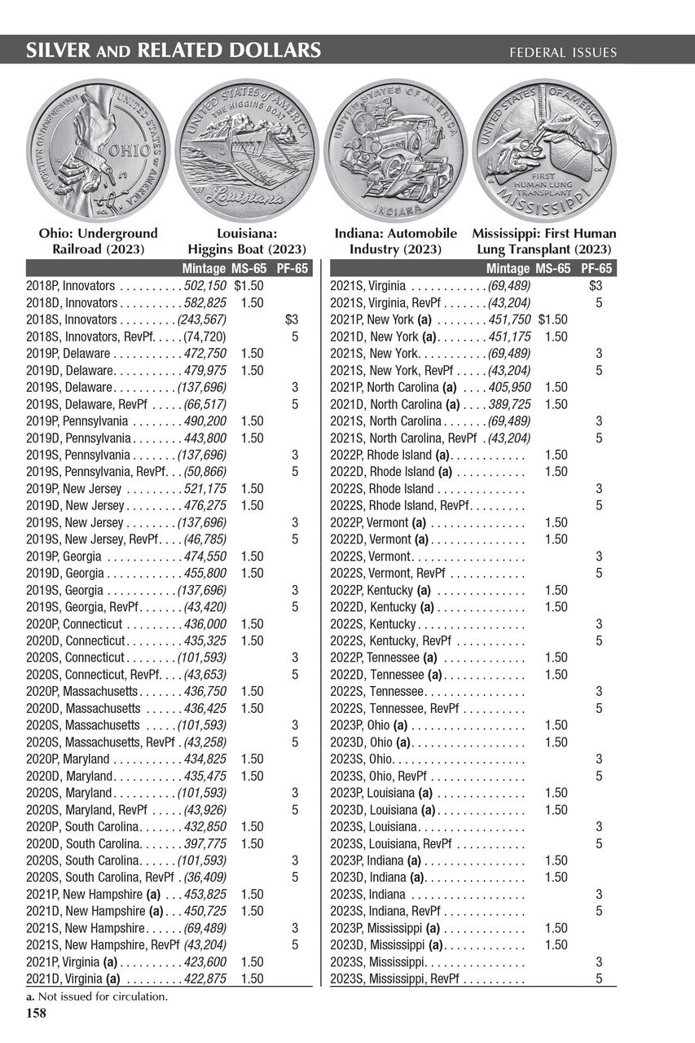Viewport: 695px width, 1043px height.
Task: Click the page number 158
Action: pos(37,1014)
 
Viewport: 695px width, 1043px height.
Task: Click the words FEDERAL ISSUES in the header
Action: pos(563,53)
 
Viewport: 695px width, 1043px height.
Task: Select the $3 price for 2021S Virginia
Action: pos(596,286)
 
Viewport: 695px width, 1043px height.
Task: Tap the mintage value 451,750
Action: pos(509,319)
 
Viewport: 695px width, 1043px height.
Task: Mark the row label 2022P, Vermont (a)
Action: pos(378,522)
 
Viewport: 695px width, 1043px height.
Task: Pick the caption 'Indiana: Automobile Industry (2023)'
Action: pos(395,242)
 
